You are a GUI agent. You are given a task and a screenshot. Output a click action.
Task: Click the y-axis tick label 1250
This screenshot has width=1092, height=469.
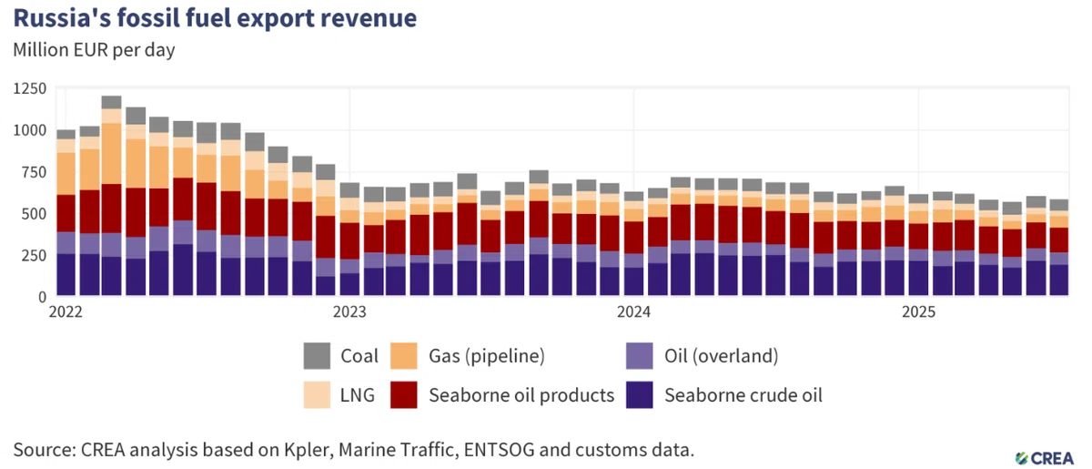coord(30,89)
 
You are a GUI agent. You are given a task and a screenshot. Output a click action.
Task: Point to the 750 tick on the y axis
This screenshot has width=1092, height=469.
coord(34,172)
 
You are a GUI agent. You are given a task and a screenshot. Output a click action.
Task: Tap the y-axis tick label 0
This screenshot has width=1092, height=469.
coord(43,297)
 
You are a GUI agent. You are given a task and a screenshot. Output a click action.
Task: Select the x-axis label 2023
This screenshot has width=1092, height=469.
coord(349,311)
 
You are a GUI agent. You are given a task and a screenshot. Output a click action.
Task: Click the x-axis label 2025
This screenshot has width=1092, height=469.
coord(918,311)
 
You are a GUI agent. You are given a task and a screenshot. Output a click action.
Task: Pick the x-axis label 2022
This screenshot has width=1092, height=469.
coord(66,311)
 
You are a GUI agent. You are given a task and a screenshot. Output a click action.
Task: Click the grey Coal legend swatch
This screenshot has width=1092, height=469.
coord(317,356)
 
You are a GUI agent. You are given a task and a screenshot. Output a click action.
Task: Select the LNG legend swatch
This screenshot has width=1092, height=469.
coord(317,395)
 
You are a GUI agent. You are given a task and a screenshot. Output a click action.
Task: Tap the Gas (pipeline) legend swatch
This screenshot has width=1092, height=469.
coord(404,356)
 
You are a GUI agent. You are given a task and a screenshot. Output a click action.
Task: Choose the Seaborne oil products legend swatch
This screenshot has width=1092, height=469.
coord(404,395)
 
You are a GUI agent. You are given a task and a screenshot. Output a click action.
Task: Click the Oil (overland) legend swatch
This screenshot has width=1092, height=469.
coord(639,356)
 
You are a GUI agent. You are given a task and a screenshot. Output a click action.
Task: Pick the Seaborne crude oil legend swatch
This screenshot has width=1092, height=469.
coord(639,395)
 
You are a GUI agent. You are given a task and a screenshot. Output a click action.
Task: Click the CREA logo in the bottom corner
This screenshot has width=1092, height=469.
coord(1045,458)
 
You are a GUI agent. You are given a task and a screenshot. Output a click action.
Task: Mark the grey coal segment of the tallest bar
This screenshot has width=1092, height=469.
coord(112,103)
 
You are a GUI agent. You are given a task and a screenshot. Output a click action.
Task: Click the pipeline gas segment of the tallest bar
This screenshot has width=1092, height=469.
coord(112,154)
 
